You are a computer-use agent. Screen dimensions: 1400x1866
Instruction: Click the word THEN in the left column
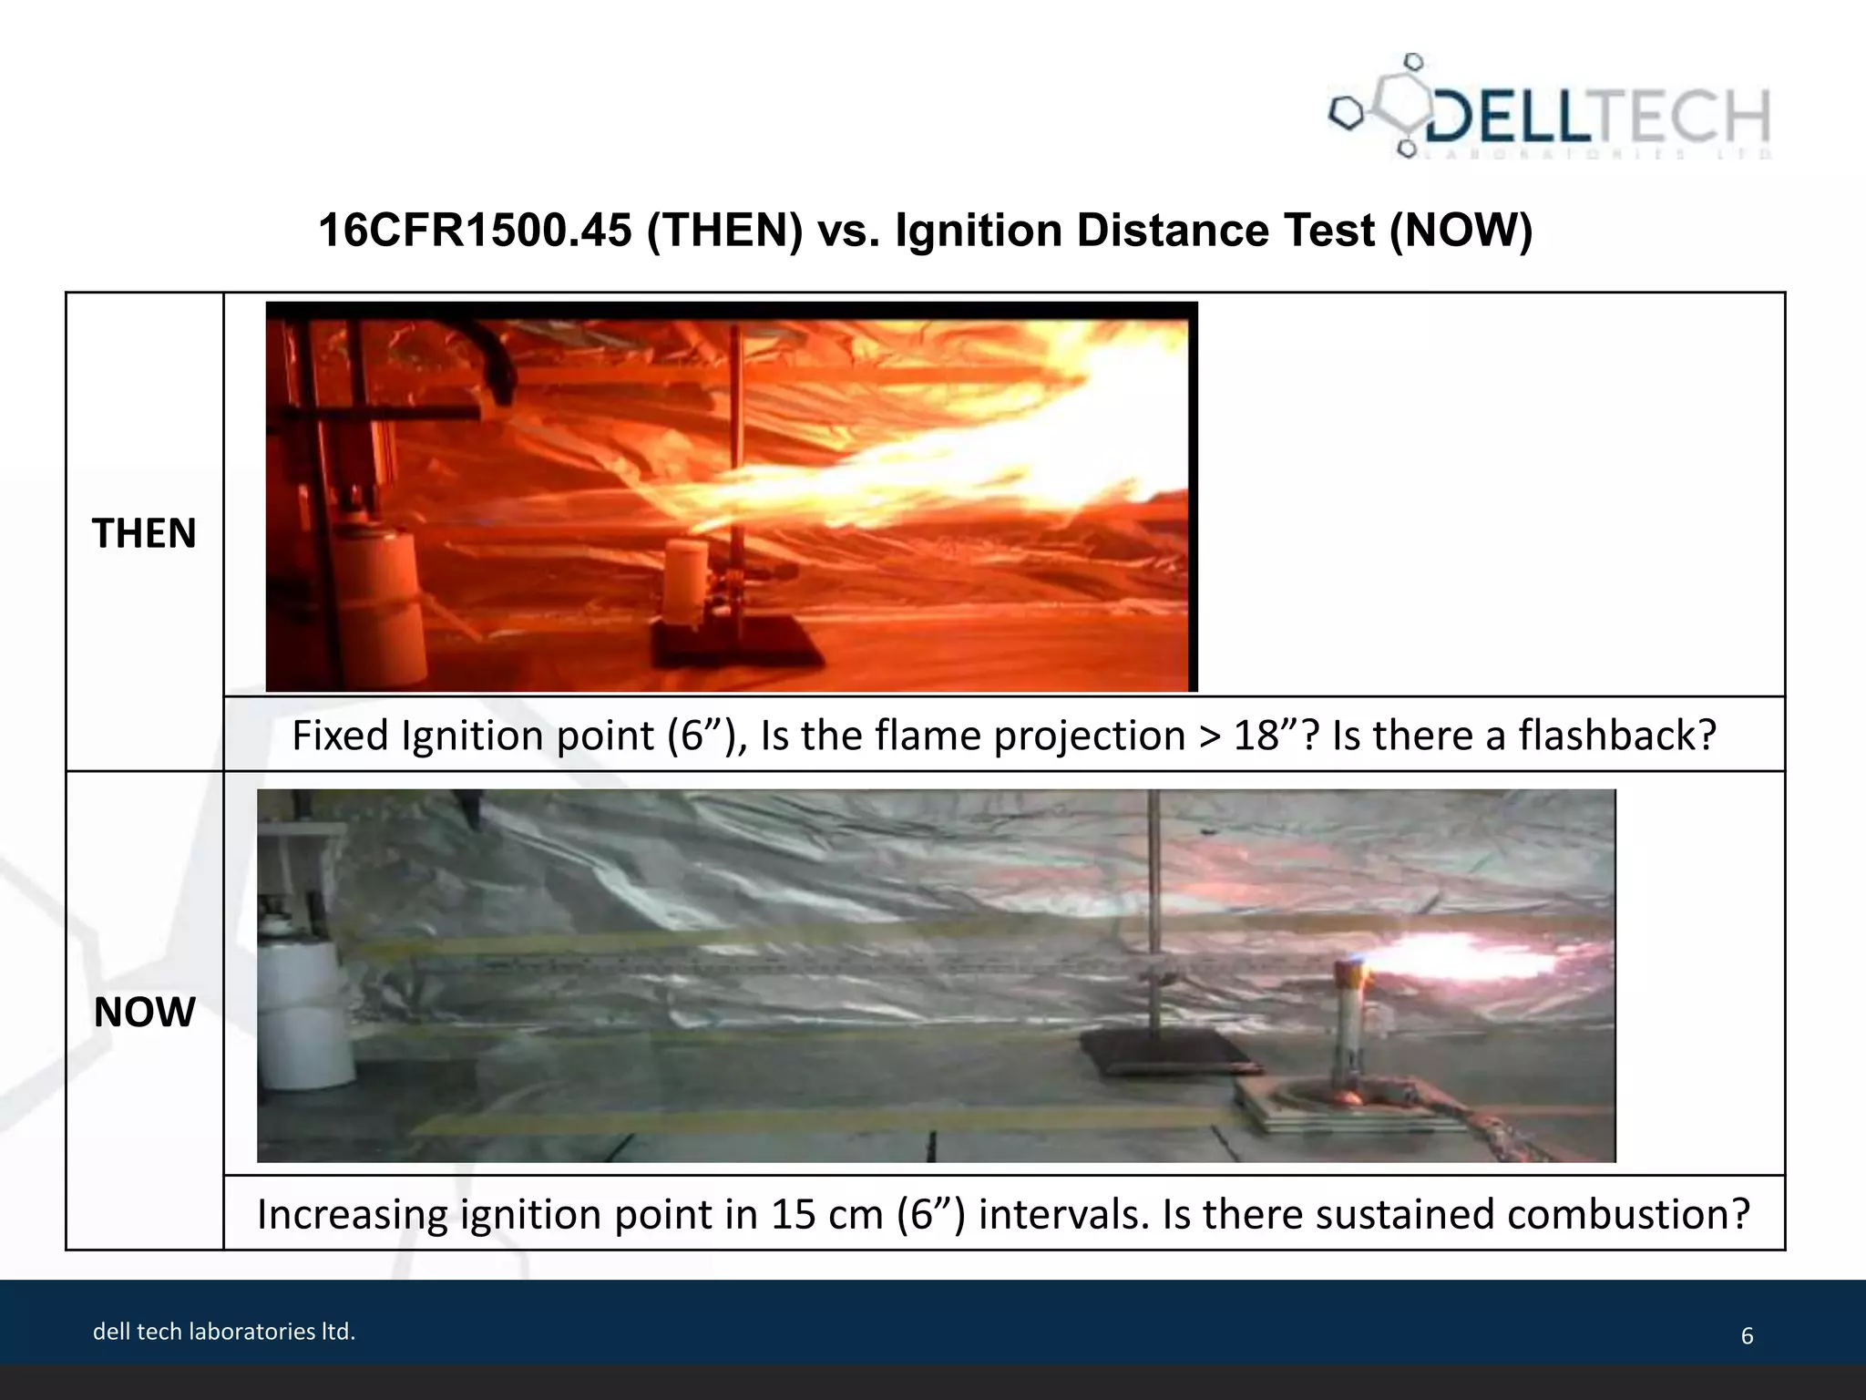pos(144,533)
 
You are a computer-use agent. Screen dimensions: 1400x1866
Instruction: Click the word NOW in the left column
pos(144,1012)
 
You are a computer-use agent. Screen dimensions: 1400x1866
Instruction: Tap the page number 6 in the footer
pos(1747,1336)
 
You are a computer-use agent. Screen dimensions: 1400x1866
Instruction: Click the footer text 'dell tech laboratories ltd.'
pos(224,1332)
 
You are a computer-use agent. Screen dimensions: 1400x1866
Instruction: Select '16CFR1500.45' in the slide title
pos(474,230)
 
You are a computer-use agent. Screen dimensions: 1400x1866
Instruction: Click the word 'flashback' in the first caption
pos(1616,736)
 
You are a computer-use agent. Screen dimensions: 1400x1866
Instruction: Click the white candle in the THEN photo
pos(685,579)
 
